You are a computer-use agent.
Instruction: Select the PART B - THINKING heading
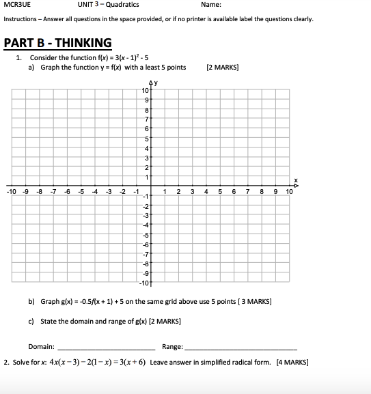point(57,43)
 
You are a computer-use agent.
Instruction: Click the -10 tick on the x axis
point(12,191)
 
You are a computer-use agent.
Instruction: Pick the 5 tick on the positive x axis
point(221,191)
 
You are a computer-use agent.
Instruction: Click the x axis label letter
point(296,180)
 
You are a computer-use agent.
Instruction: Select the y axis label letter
point(156,83)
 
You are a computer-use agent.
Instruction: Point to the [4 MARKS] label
point(292,363)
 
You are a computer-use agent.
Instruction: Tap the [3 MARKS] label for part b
point(253,301)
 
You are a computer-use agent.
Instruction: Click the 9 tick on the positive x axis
point(275,191)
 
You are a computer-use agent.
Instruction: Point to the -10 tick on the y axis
point(144,283)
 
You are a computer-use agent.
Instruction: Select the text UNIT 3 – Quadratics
point(108,5)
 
